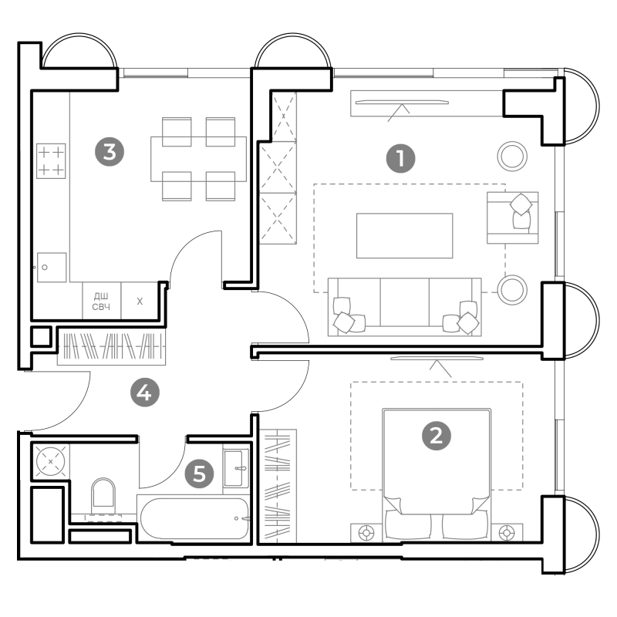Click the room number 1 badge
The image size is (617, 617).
pos(400,158)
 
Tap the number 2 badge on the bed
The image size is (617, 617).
pos(437,436)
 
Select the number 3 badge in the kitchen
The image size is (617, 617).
pos(110,151)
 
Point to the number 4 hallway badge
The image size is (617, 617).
pos(145,392)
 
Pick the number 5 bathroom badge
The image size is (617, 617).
pos(200,473)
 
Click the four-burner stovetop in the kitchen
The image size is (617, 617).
pos(51,161)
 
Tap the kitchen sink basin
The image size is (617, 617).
pos(52,267)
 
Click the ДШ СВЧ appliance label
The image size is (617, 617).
pos(101,301)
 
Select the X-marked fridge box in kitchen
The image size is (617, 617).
pos(140,301)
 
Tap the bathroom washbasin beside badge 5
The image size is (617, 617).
pos(236,468)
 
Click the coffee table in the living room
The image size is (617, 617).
pos(404,236)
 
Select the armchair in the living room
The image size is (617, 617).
pos(512,217)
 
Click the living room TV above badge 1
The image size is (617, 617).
pos(402,103)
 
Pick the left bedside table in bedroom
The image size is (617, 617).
pos(366,533)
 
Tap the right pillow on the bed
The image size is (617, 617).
pos(465,526)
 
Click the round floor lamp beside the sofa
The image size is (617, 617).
pos(512,290)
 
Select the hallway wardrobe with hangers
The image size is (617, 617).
pos(111,346)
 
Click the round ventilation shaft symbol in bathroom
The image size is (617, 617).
pos(50,461)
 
